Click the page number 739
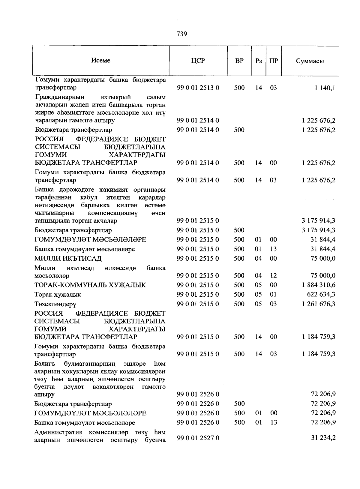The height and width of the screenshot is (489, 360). (x=182, y=34)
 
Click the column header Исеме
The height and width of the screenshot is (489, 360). (x=100, y=60)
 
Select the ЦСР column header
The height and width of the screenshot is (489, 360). (x=198, y=61)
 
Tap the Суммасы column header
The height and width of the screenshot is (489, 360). (x=310, y=61)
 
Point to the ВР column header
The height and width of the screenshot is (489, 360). (x=239, y=61)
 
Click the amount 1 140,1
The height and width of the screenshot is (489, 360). (x=325, y=88)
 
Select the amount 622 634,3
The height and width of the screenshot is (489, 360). (x=322, y=294)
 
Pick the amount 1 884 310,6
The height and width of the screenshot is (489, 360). (x=319, y=285)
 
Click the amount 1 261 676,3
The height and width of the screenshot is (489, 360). (x=319, y=304)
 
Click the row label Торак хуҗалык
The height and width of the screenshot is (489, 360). (x=58, y=295)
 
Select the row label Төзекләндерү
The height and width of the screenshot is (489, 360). (x=55, y=304)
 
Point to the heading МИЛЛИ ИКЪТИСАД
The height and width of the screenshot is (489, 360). (x=68, y=258)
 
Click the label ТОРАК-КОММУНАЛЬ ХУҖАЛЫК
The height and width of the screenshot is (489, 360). (x=90, y=285)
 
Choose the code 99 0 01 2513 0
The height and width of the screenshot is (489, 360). (x=198, y=88)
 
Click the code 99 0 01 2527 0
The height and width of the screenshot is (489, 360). (x=198, y=438)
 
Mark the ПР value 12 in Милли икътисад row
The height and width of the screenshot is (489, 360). (x=273, y=275)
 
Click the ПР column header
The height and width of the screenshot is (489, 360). (x=273, y=61)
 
